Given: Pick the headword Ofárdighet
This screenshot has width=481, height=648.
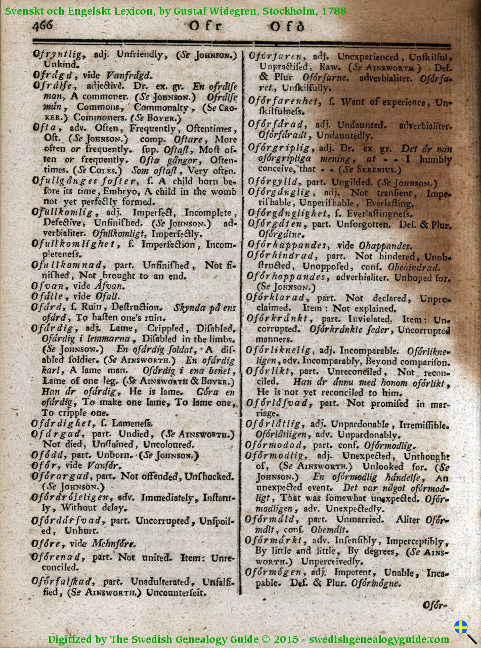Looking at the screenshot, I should (x=62, y=423).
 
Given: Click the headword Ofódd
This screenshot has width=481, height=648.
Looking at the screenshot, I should (x=48, y=455).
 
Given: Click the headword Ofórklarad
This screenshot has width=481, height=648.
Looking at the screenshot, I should (x=276, y=297).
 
